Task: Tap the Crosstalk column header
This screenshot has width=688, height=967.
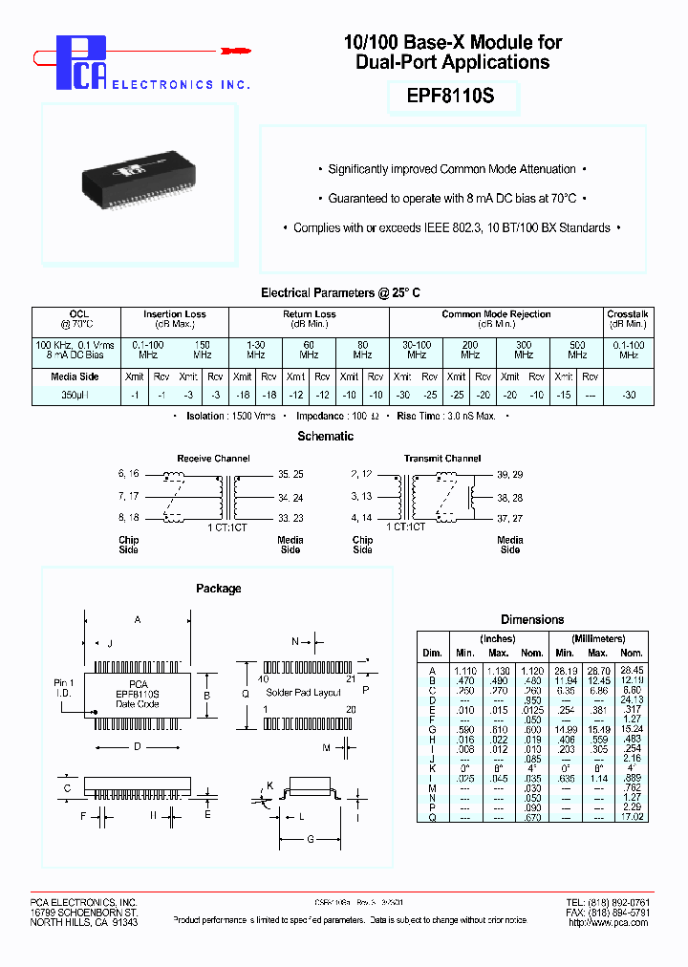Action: click(628, 314)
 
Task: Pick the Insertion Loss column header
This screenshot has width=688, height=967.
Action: click(174, 314)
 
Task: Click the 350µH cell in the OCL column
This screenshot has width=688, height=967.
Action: click(75, 395)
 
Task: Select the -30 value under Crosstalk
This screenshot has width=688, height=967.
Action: click(628, 395)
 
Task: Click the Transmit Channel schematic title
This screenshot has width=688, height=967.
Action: click(441, 459)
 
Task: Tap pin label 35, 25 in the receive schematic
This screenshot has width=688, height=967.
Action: click(290, 474)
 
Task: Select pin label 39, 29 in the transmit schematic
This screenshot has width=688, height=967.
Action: click(510, 474)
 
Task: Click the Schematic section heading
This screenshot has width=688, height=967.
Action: click(327, 437)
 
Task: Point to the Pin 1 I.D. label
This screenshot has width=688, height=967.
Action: click(62, 688)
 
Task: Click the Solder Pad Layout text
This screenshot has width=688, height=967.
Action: click(303, 693)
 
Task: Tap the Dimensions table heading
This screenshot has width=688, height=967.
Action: click(532, 620)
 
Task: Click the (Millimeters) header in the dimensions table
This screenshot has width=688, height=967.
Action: click(598, 639)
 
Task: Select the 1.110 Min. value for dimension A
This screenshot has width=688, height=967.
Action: click(465, 671)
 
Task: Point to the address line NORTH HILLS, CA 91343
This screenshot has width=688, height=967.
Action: click(83, 922)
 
